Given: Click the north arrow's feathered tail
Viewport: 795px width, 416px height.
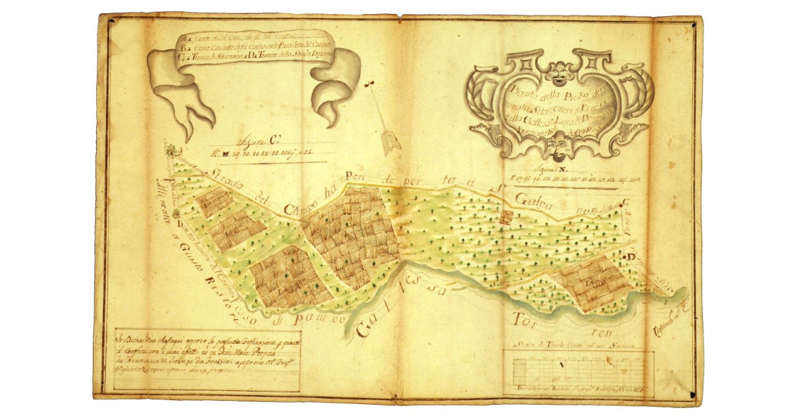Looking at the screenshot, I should [392, 142].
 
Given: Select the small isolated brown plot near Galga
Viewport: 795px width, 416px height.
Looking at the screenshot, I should [507, 217].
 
